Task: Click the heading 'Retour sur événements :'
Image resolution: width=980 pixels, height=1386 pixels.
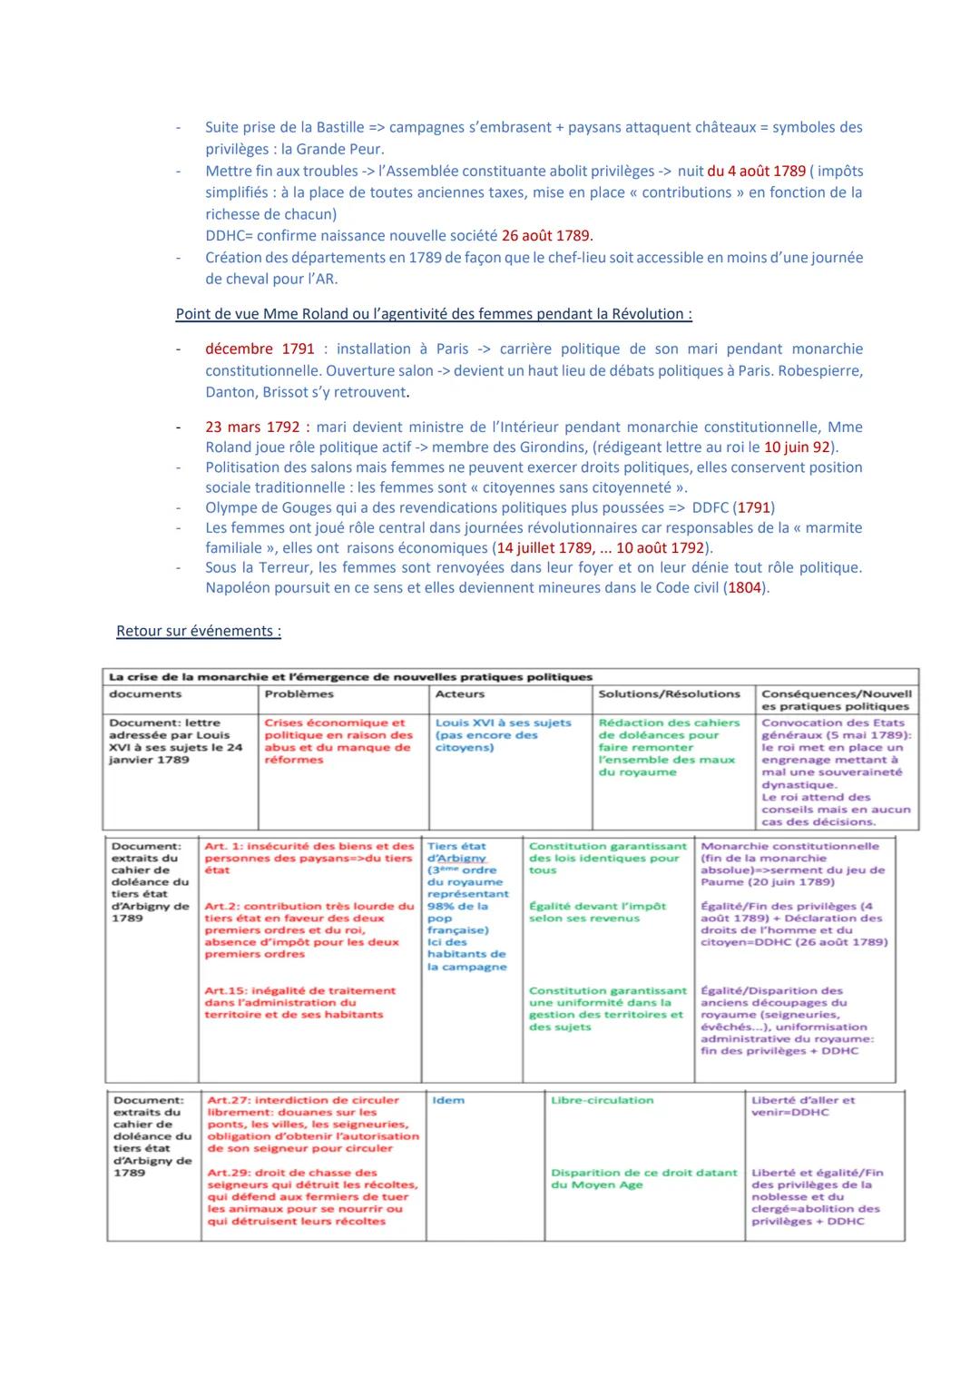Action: point(199,631)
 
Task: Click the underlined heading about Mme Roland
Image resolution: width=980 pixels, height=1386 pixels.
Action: point(434,314)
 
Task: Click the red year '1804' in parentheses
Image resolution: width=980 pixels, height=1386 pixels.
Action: point(747,587)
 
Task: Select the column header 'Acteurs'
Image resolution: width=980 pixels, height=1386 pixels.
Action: point(460,694)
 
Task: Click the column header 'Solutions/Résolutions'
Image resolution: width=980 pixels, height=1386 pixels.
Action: point(669,694)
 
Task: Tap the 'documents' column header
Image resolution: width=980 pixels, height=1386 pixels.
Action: point(145,694)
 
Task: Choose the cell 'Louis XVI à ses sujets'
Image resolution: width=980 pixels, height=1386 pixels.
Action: point(504,723)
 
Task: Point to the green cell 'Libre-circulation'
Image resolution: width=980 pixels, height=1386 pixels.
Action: point(602,1100)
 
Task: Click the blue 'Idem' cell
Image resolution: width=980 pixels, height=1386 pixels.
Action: point(448,1100)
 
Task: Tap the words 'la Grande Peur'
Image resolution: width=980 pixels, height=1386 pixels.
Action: point(332,149)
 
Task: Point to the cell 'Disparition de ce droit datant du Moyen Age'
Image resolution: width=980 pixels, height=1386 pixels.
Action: point(643,1178)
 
